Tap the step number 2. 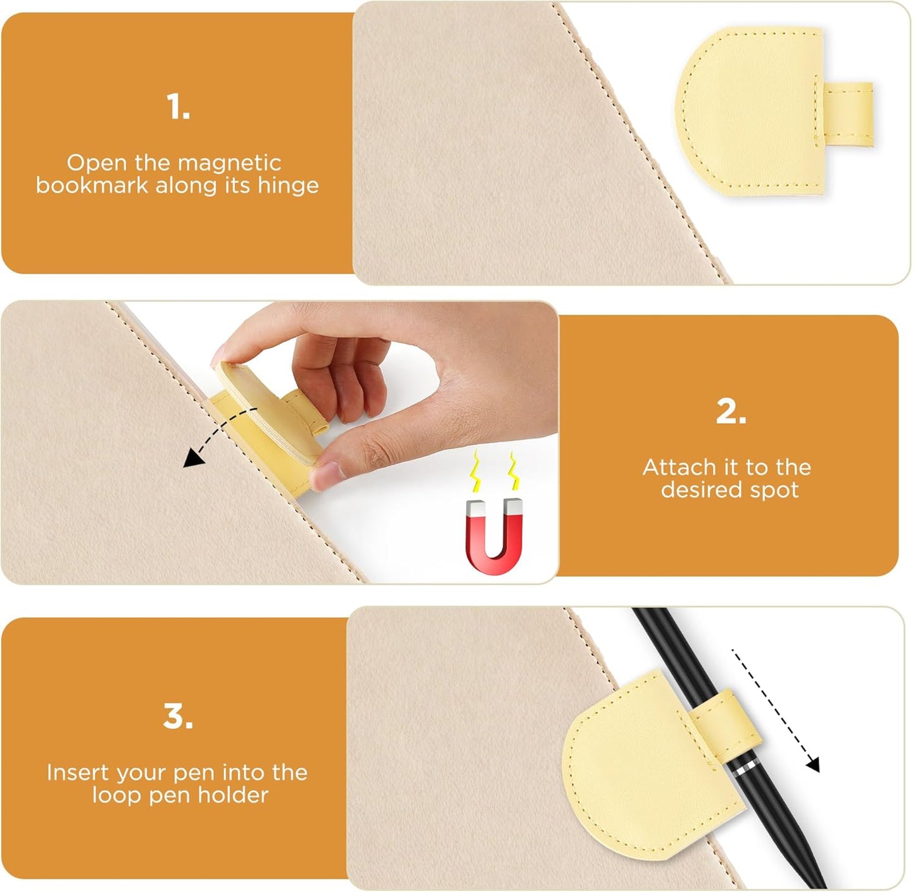(x=731, y=412)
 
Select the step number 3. (x=178, y=717)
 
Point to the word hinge (x=288, y=186)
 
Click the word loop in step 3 (x=117, y=796)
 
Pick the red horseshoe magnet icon (x=494, y=535)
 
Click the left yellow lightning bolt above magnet (x=474, y=472)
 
